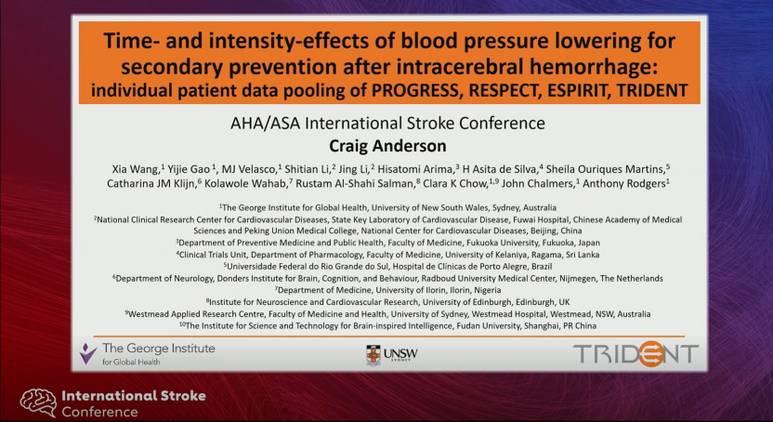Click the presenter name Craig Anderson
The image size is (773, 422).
[x=387, y=146]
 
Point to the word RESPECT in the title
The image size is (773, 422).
[x=504, y=91]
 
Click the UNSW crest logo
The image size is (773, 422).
[x=373, y=355]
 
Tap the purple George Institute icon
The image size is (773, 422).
[x=87, y=353]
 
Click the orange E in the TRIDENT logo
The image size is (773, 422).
[x=650, y=353]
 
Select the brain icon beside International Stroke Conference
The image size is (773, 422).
[x=38, y=402]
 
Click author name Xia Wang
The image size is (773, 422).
[x=136, y=169]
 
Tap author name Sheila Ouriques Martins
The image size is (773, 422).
[x=605, y=169]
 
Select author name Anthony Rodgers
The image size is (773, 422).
[x=624, y=183]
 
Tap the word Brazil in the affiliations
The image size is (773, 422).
[x=541, y=266]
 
